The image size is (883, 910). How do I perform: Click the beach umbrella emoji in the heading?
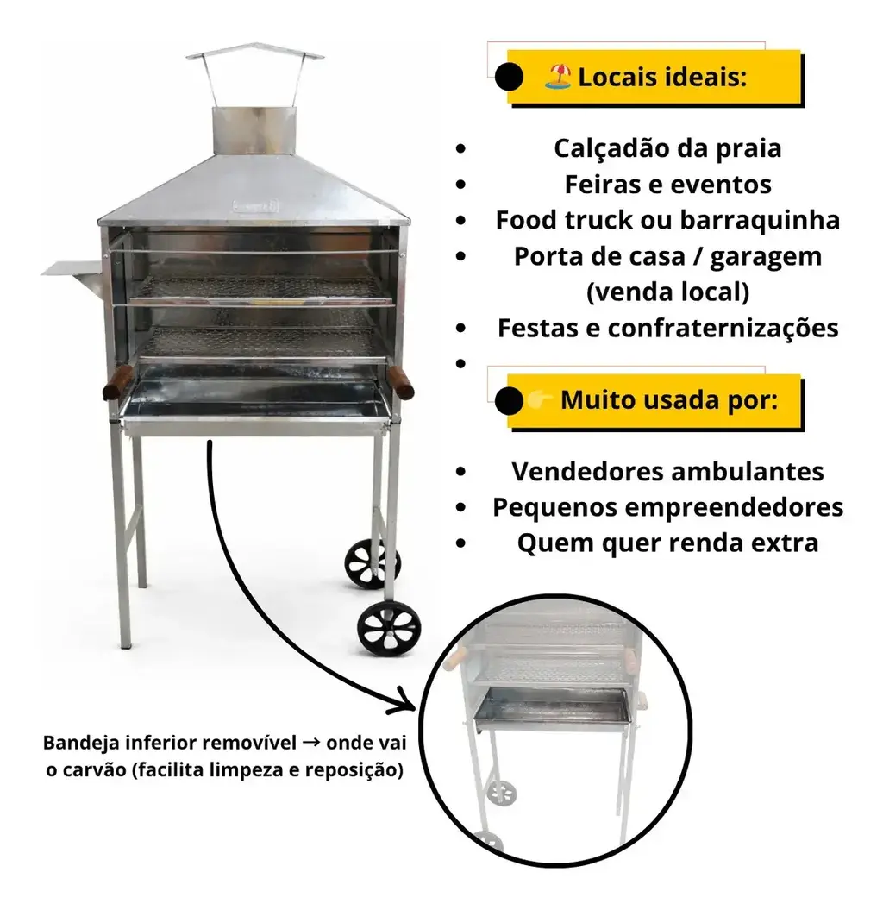pyautogui.click(x=558, y=77)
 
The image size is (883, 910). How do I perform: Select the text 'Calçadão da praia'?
pyautogui.click(x=667, y=148)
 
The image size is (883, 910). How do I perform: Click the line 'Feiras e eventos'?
pyautogui.click(x=667, y=185)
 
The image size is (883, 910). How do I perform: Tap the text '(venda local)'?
pyautogui.click(x=667, y=292)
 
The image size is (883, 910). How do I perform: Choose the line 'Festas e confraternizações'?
pyautogui.click(x=667, y=328)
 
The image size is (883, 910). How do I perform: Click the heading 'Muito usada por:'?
pyautogui.click(x=669, y=400)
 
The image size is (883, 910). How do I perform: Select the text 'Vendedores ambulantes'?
pyautogui.click(x=667, y=471)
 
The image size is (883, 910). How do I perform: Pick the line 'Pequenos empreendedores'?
pyautogui.click(x=667, y=507)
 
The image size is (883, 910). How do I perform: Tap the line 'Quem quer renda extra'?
pyautogui.click(x=667, y=543)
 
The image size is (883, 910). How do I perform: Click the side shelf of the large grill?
pyautogui.click(x=73, y=272)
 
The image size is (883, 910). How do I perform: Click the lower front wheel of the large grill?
pyautogui.click(x=389, y=629)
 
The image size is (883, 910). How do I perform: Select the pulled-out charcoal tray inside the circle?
pyautogui.click(x=550, y=710)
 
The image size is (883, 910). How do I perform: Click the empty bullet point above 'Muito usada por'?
pyautogui.click(x=461, y=364)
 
